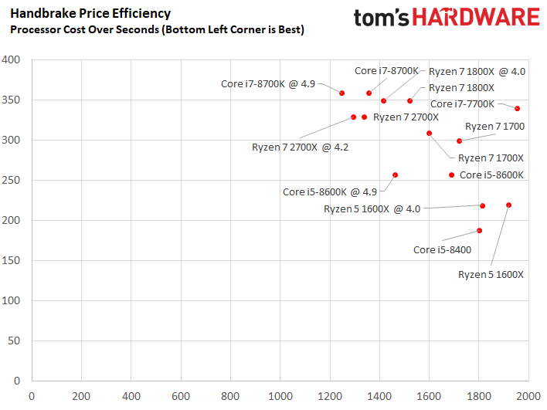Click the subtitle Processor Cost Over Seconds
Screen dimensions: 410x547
(x=157, y=29)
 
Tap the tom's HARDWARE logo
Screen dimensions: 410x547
(x=446, y=19)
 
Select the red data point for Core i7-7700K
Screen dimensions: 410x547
(x=518, y=108)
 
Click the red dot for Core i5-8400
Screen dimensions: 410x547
(x=479, y=230)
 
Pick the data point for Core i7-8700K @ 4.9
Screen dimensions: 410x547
(x=341, y=93)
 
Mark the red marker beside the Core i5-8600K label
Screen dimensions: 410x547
(x=452, y=175)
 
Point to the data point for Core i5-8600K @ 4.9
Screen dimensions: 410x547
(x=395, y=175)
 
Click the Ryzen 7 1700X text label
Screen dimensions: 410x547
(x=491, y=158)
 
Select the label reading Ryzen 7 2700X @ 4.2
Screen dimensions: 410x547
(x=301, y=146)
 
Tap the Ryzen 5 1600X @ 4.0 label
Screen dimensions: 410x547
(x=372, y=208)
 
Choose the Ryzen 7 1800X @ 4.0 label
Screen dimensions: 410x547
(x=477, y=71)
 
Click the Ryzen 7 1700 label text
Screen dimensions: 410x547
(x=494, y=126)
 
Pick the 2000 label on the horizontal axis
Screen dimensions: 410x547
(x=528, y=396)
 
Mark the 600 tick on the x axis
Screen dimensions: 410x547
(x=181, y=396)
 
